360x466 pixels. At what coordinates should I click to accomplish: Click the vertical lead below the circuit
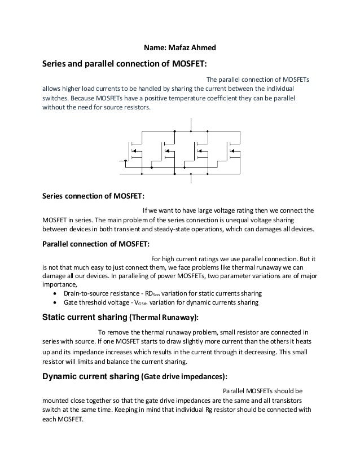(x=191, y=179)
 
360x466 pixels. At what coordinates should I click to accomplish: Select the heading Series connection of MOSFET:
(x=94, y=196)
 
